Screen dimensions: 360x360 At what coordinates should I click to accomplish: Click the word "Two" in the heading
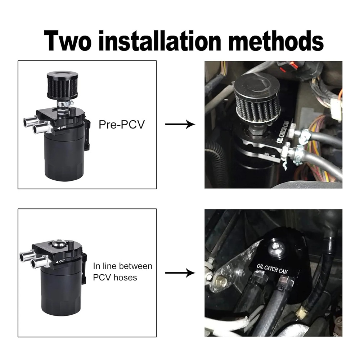(68, 41)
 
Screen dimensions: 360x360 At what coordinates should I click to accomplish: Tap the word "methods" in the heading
(276, 41)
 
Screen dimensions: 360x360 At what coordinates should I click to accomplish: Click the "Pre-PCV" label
(122, 125)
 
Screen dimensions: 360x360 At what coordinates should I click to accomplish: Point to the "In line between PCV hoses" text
(123, 271)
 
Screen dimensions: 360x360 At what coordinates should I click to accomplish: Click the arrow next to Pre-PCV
(180, 124)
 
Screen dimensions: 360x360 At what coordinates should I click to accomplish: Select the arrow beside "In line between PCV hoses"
(180, 273)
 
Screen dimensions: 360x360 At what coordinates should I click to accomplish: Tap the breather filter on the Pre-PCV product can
(62, 85)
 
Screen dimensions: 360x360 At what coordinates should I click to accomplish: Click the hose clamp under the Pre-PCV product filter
(65, 104)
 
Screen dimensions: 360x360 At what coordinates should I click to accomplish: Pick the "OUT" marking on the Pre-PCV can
(62, 127)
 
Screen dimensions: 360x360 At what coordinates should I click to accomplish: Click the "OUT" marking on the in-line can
(60, 261)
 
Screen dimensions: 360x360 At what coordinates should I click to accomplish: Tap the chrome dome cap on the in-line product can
(58, 243)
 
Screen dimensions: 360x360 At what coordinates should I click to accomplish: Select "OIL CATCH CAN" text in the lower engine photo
(272, 269)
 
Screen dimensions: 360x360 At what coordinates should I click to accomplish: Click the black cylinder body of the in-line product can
(62, 292)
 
